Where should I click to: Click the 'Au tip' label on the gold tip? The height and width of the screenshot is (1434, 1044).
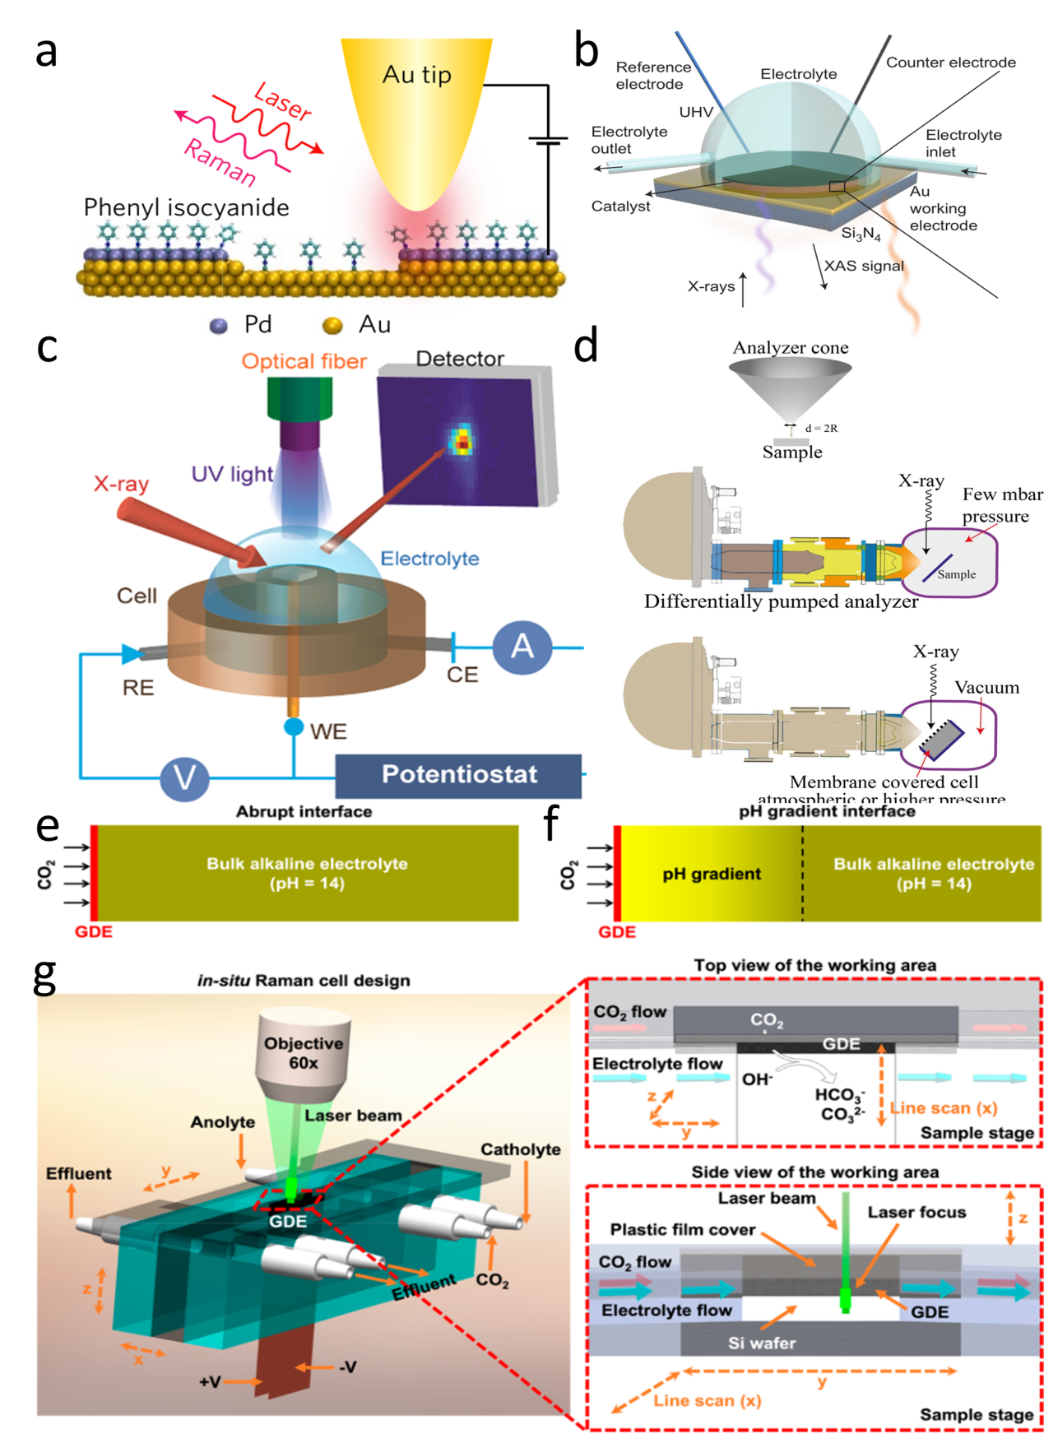click(416, 75)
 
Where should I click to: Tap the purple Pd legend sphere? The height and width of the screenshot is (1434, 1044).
click(219, 326)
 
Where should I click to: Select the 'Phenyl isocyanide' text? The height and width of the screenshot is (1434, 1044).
click(186, 207)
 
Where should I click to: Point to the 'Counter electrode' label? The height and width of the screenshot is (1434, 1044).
click(950, 63)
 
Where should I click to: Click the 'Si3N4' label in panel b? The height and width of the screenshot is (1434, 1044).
click(861, 234)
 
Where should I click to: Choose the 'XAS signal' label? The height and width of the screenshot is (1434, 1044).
click(864, 266)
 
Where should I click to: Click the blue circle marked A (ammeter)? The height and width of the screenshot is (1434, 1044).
click(522, 647)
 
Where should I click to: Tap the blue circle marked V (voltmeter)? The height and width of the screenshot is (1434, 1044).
click(184, 777)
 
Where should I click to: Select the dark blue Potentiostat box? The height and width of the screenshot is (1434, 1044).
click(458, 775)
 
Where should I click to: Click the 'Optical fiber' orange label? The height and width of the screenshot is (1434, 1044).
click(304, 361)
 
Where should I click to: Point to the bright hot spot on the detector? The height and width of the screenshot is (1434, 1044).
click(462, 440)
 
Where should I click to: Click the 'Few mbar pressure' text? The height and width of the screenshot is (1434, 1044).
click(1001, 505)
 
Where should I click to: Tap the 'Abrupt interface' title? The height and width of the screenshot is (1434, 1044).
click(304, 812)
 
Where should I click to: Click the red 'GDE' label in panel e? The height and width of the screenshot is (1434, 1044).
click(93, 932)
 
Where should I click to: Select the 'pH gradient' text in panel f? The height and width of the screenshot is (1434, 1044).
click(712, 874)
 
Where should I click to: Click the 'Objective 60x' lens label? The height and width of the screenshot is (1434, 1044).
click(303, 1053)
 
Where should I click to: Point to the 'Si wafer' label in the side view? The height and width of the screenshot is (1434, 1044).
click(761, 1344)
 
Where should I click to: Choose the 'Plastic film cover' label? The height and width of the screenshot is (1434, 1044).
click(682, 1230)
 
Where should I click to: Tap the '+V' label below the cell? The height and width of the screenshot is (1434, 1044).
click(210, 1381)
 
